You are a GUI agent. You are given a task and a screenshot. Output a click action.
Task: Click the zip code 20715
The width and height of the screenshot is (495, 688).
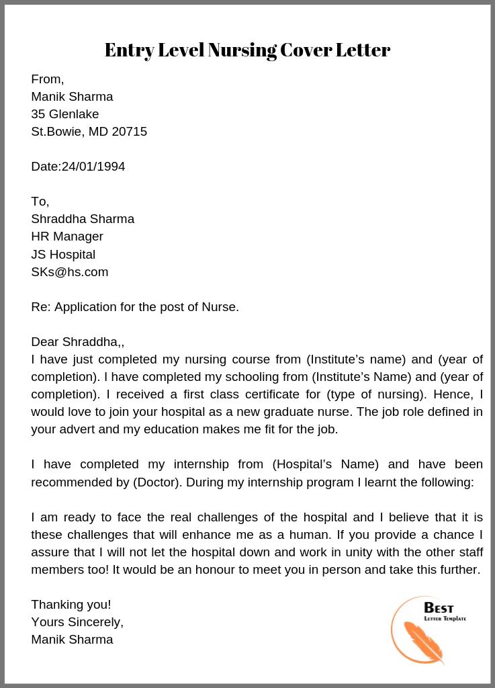129,132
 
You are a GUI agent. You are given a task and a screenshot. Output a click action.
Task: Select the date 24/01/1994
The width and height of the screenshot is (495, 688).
93,167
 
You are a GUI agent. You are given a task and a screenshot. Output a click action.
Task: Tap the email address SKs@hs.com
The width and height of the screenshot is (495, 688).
69,272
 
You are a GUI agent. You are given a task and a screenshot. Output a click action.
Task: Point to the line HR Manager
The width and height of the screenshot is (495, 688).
67,236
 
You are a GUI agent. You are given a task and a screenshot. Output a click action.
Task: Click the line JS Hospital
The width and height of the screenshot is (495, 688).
63,255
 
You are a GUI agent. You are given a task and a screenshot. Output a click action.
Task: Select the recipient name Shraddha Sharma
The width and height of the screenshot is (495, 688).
83,219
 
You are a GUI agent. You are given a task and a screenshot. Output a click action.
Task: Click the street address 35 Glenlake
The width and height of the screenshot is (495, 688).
64,114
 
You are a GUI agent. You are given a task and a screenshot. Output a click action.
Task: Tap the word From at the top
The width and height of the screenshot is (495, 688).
46,79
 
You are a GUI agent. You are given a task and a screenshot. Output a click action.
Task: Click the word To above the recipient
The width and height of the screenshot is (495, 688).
39,202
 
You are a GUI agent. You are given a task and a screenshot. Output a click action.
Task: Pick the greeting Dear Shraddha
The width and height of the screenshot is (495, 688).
77,342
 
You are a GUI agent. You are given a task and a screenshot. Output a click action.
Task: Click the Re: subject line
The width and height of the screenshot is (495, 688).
135,307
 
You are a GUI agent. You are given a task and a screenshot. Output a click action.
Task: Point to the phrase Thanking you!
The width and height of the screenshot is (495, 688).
71,605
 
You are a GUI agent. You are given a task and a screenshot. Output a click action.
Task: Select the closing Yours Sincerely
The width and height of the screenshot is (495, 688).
77,622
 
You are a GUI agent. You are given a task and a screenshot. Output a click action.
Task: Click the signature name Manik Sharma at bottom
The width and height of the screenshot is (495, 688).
72,640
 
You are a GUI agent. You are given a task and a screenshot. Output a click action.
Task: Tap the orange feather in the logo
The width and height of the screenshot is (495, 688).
423,642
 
